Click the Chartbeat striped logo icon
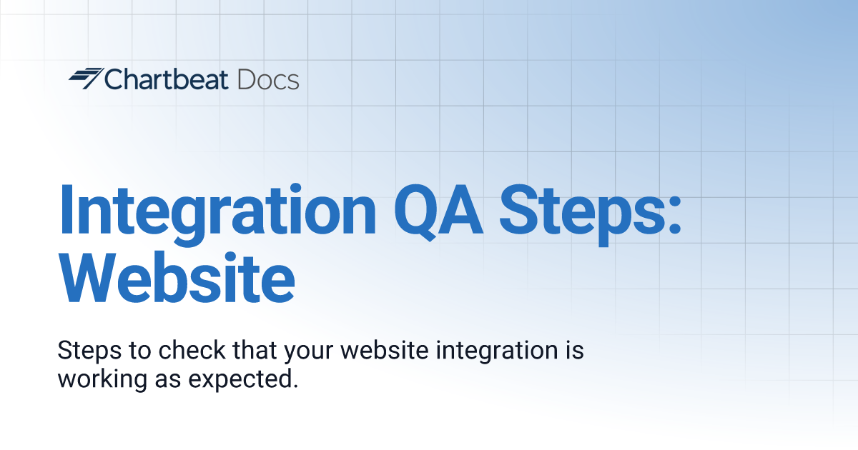pos(85,79)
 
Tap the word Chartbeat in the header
pos(167,79)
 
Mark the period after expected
pos(294,386)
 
